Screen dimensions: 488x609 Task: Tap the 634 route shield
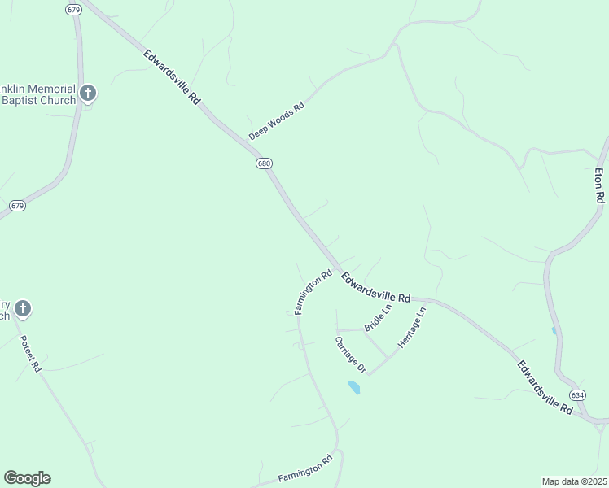click(x=577, y=395)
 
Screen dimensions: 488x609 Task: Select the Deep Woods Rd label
click(x=276, y=120)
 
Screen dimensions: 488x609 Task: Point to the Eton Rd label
click(x=599, y=185)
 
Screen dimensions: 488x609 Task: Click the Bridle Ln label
click(x=378, y=317)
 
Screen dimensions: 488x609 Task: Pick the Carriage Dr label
click(x=351, y=355)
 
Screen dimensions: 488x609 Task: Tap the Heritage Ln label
click(x=412, y=329)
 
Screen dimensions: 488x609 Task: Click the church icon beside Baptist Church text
click(x=89, y=94)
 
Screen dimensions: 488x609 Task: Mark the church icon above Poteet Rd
click(x=23, y=309)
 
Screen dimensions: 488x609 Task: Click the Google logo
click(x=27, y=478)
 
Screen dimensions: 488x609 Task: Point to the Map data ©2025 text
click(x=574, y=481)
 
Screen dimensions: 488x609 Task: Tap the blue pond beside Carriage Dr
click(x=354, y=387)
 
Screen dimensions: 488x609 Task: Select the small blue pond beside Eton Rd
click(x=554, y=331)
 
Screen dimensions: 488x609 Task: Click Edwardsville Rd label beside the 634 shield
click(x=545, y=389)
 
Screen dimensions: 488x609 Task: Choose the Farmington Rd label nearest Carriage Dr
click(x=313, y=292)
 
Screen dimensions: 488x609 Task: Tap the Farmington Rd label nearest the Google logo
click(x=305, y=468)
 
